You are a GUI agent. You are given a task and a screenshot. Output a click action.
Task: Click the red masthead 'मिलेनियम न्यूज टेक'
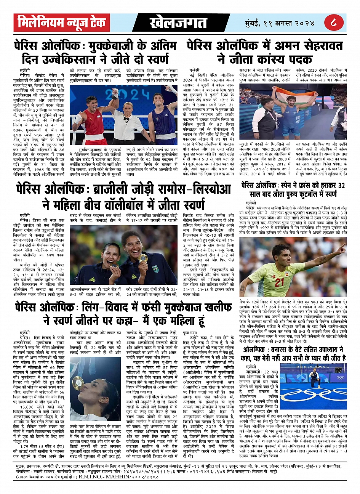tap(62, 23)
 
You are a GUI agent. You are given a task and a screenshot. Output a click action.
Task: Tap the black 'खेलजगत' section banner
tap(178, 23)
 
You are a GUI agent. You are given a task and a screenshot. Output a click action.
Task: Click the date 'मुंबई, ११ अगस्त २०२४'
tap(280, 23)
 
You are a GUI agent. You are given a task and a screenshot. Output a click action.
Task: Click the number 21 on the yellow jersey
tap(279, 282)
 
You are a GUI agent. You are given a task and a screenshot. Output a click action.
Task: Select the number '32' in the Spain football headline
tap(341, 186)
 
